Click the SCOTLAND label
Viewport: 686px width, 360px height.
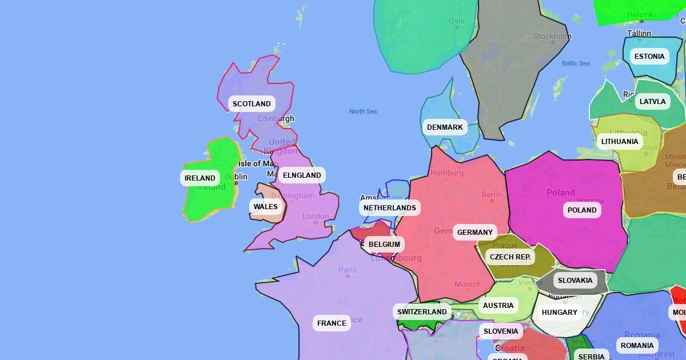[x=252, y=104]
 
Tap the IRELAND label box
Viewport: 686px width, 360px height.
[x=200, y=178]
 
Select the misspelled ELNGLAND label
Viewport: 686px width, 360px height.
[x=302, y=175]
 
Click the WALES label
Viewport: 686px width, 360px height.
[x=266, y=207]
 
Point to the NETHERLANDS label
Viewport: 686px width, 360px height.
[x=390, y=208]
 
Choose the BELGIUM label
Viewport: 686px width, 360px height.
[x=384, y=245]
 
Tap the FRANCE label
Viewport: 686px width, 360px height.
[x=332, y=323]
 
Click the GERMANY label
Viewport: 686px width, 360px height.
[x=475, y=233]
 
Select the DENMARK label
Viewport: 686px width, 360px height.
[x=445, y=127]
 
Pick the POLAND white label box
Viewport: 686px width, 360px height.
[x=582, y=210]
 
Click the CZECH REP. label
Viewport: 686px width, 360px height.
[x=510, y=257]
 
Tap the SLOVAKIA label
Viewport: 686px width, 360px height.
[x=575, y=281]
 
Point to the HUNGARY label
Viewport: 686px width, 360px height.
[x=560, y=313]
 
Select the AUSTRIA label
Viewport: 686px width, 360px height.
[x=498, y=306]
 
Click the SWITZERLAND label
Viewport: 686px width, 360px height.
[x=422, y=312]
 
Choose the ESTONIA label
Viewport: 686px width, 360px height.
[x=649, y=57]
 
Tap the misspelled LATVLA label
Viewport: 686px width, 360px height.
[x=653, y=102]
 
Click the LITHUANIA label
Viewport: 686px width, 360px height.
[x=620, y=142]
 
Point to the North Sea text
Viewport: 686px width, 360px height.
[x=363, y=111]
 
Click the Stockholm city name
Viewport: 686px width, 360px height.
[x=552, y=37]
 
